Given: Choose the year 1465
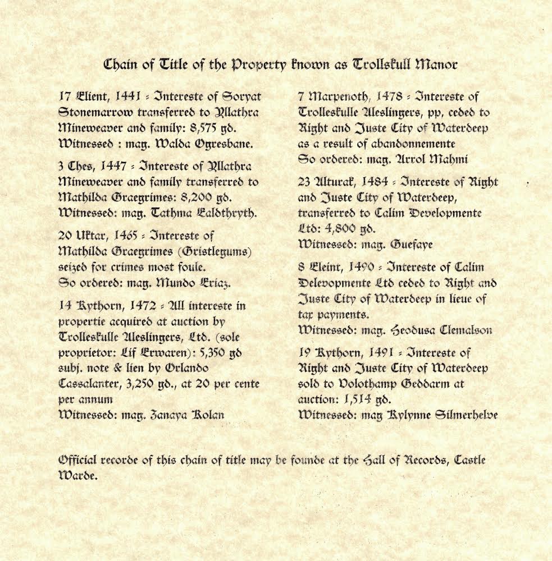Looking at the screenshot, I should click(130, 237).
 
